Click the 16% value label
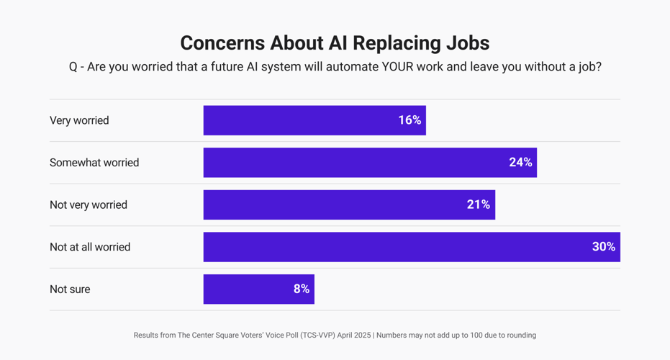(409, 120)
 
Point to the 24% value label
(520, 163)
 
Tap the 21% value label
(479, 204)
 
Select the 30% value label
(604, 247)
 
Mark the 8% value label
(302, 289)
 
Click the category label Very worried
(79, 120)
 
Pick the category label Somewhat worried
(94, 163)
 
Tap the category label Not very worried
(89, 204)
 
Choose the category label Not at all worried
(90, 247)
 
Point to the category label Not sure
(70, 289)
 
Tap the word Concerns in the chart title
(222, 43)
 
